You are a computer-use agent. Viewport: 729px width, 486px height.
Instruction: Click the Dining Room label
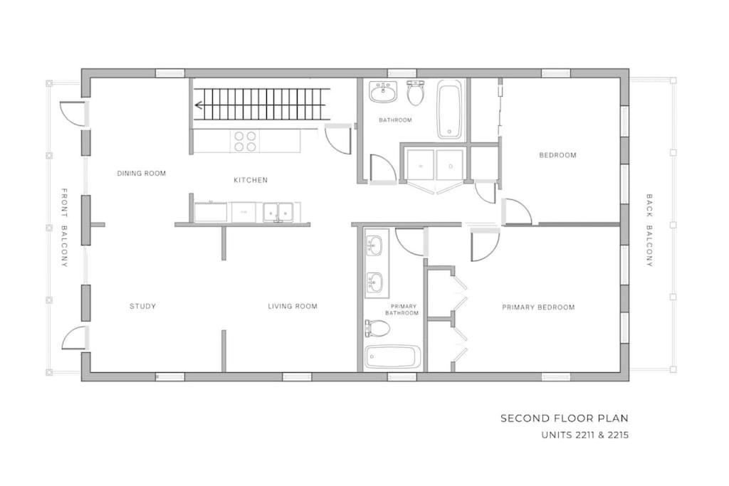coord(142,174)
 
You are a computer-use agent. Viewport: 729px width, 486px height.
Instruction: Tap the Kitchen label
coord(251,180)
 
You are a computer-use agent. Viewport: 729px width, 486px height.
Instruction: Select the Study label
coord(142,306)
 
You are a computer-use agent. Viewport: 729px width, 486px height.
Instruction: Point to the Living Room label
coord(293,306)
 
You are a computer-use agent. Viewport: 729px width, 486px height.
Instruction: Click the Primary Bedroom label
coord(538,307)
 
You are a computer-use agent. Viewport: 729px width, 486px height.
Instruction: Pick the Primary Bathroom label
coord(404,310)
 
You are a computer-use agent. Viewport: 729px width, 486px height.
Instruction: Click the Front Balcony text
coord(65,228)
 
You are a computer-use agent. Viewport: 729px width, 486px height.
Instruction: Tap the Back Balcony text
coord(649,231)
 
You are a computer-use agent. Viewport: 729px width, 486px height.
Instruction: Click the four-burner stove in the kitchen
coord(245,142)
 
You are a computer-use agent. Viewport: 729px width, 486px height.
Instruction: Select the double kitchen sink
coord(278,212)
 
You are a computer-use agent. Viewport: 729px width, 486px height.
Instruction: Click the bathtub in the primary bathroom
coord(393,357)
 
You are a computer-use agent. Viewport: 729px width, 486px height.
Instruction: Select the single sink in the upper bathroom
coord(383,92)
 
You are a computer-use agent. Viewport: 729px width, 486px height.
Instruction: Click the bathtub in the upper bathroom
coord(450,110)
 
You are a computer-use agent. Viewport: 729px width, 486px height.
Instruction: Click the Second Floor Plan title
coord(565,418)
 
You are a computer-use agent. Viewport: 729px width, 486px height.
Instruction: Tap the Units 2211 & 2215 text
coord(585,435)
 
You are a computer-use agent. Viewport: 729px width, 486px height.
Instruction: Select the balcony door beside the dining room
coord(74,113)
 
